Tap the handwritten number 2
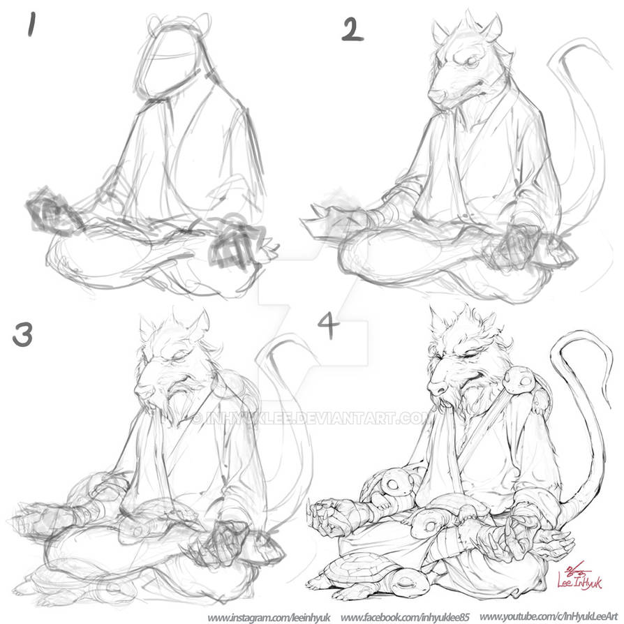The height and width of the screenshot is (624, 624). [x=352, y=29]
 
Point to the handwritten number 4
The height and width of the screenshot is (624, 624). [x=329, y=324]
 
